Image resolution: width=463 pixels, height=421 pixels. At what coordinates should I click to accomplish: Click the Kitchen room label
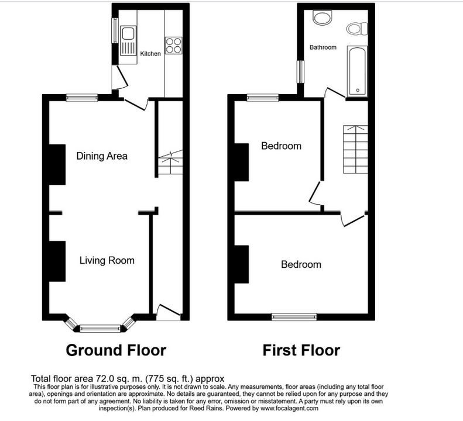tap(150, 54)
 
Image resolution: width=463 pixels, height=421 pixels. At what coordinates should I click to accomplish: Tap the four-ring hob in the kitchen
tap(173, 45)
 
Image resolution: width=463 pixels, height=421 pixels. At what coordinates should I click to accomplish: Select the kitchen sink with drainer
tap(128, 40)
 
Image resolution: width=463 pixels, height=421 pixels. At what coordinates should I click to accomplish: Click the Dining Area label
tap(102, 156)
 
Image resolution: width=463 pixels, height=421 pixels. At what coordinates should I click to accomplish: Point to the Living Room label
tap(107, 260)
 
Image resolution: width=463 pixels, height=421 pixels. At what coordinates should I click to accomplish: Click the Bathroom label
tap(323, 47)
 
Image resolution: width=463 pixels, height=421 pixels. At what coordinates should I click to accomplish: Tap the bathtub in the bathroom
tap(357, 71)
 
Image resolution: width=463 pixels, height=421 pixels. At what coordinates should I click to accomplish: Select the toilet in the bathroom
tap(357, 29)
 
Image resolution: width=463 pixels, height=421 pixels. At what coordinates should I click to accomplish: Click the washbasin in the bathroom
tap(323, 18)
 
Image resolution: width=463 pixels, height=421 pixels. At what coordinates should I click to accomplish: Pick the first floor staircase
tap(355, 149)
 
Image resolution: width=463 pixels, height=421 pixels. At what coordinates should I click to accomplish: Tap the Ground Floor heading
tap(116, 350)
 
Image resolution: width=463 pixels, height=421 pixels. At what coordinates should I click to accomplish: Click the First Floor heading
tap(301, 350)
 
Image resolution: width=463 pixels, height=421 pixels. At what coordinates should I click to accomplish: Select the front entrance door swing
tap(168, 313)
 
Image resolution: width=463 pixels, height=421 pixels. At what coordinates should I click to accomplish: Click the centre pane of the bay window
tap(101, 329)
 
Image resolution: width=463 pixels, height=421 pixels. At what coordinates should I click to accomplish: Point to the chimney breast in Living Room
tap(57, 261)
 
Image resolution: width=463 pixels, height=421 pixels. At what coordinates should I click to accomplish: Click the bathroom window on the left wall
tap(301, 72)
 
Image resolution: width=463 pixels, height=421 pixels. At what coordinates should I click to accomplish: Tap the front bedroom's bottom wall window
tap(294, 317)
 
